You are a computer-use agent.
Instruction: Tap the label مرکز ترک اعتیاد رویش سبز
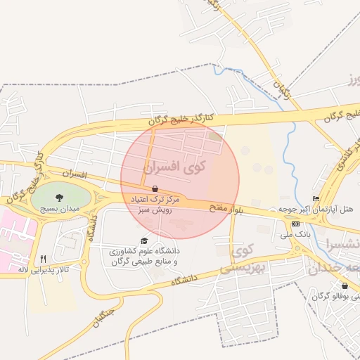(x=155, y=205)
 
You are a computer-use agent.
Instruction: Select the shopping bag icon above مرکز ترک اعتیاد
(x=155, y=188)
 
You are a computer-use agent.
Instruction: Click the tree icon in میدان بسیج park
(x=58, y=197)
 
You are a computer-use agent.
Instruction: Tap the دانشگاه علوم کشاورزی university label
(x=144, y=256)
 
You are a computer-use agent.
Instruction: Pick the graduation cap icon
(x=145, y=240)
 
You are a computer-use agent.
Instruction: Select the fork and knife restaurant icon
(x=43, y=259)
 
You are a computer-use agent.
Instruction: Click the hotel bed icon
(x=316, y=199)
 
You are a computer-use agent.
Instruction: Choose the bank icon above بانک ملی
(x=295, y=224)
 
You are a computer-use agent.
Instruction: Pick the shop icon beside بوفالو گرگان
(x=345, y=285)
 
